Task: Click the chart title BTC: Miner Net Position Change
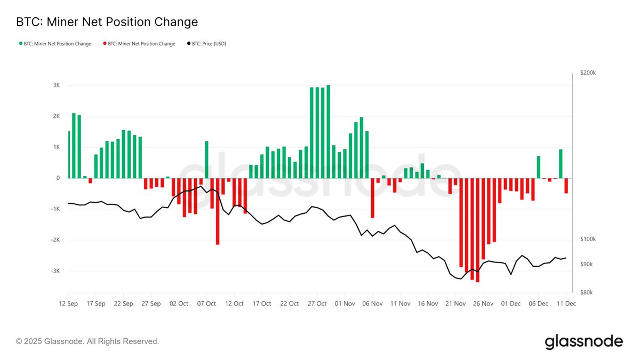pos(107,22)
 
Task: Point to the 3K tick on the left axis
pos(56,85)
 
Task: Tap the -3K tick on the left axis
pos(55,271)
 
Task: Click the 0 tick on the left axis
pos(58,178)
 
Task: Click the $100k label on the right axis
pos(588,239)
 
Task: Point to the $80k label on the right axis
pos(587,292)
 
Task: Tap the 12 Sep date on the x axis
pos(68,303)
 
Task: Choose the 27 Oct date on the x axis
pos(317,303)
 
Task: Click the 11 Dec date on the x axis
pos(566,303)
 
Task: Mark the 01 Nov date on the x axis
pos(345,303)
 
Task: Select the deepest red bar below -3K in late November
pos(478,229)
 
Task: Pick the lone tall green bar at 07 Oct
pos(206,159)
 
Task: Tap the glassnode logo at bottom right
pos(583,341)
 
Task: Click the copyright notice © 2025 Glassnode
pos(87,341)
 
